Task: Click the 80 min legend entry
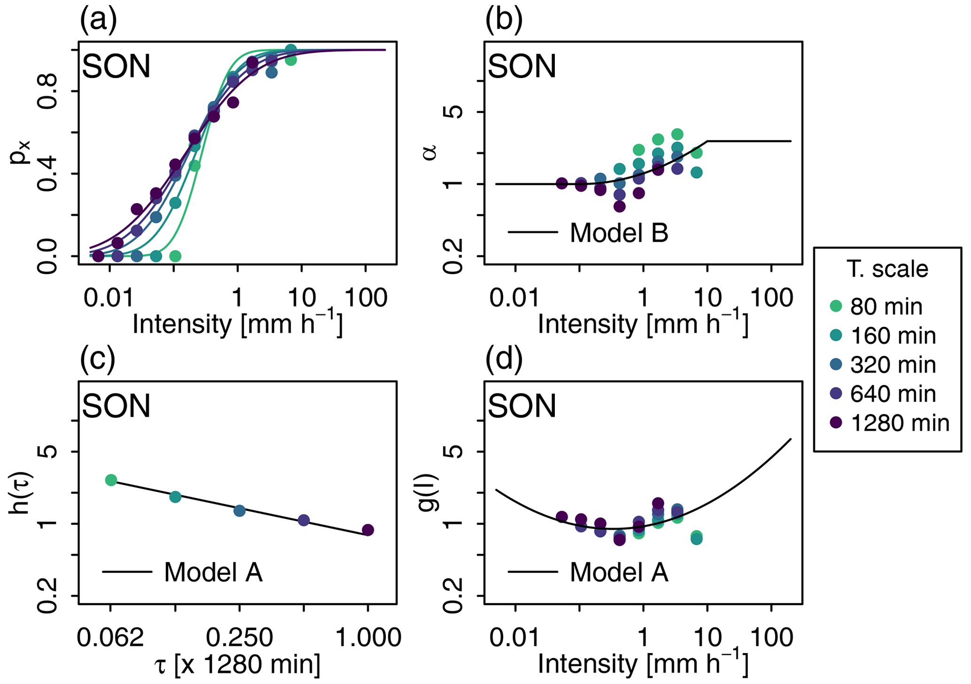coord(886,307)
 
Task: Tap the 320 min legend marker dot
coord(836,365)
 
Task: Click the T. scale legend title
coord(887,269)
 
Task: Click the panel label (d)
coord(504,360)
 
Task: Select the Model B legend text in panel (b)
coord(619,233)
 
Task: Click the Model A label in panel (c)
coord(213,572)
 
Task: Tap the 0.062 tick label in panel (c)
coord(110,638)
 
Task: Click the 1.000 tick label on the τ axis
coord(368,638)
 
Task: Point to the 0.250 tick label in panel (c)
coord(240,638)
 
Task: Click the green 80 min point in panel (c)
coord(111,480)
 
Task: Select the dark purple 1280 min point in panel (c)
coord(368,530)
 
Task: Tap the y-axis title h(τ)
coord(20,492)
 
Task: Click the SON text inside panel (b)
coord(522,66)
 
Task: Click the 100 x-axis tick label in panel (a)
coord(366,298)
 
